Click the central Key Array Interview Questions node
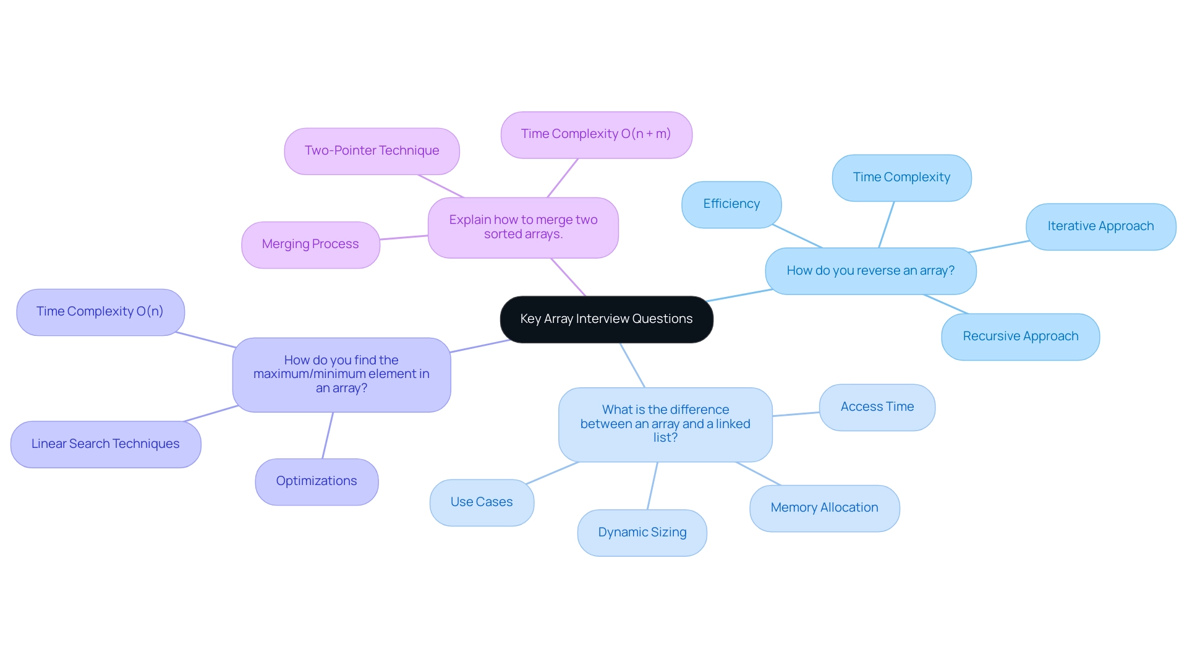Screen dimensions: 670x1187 (606, 319)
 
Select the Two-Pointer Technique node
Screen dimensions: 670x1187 (372, 151)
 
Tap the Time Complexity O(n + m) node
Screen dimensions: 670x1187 (596, 134)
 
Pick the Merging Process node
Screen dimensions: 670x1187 (310, 244)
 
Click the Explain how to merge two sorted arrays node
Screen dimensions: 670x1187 (523, 227)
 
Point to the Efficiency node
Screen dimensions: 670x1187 (731, 204)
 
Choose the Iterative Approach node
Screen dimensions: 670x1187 (1100, 226)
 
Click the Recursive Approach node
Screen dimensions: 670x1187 (1020, 337)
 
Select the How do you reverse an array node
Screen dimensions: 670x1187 (870, 271)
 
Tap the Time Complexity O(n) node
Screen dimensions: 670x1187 (100, 312)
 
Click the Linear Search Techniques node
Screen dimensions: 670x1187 (106, 444)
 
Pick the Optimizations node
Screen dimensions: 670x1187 (317, 481)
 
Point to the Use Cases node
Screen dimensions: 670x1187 (482, 502)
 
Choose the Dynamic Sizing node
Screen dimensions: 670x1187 (642, 533)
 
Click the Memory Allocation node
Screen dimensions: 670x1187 (824, 508)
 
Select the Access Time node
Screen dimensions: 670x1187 (877, 407)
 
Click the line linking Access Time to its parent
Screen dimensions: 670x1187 (796, 414)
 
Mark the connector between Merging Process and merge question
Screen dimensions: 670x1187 (404, 238)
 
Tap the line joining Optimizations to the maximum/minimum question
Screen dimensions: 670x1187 (328, 436)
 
